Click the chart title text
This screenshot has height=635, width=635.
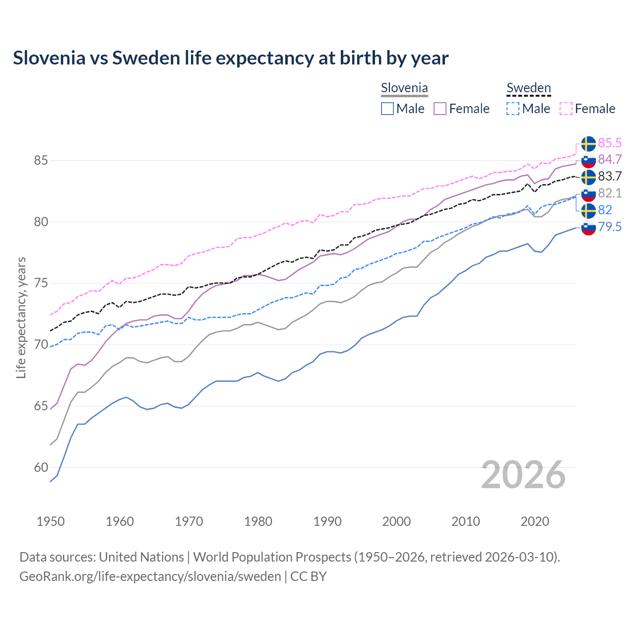click(231, 58)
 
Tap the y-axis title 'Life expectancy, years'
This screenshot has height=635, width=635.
click(21, 317)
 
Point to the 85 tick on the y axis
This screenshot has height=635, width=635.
click(41, 161)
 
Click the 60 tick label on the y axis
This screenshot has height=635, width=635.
click(41, 467)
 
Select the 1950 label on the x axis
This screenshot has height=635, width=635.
click(51, 521)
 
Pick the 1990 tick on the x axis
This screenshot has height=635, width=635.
click(327, 521)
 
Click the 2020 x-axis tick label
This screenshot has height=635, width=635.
click(535, 521)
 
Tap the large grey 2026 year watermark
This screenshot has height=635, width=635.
click(523, 475)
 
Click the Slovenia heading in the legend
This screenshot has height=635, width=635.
click(404, 88)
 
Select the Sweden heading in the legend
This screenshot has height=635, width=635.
click(528, 88)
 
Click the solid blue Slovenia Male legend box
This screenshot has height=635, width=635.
click(387, 109)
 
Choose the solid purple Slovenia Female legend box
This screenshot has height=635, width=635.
click(440, 109)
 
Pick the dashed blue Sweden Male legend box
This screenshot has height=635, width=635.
click(513, 109)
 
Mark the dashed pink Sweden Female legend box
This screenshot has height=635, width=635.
click(566, 109)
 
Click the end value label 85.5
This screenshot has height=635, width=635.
click(610, 143)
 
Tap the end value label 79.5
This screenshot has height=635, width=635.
click(610, 227)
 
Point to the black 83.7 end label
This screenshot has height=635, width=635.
click(610, 177)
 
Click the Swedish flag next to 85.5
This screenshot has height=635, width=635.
click(588, 143)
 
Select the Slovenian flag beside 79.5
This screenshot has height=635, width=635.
click(588, 228)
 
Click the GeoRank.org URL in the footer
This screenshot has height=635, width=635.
click(150, 576)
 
